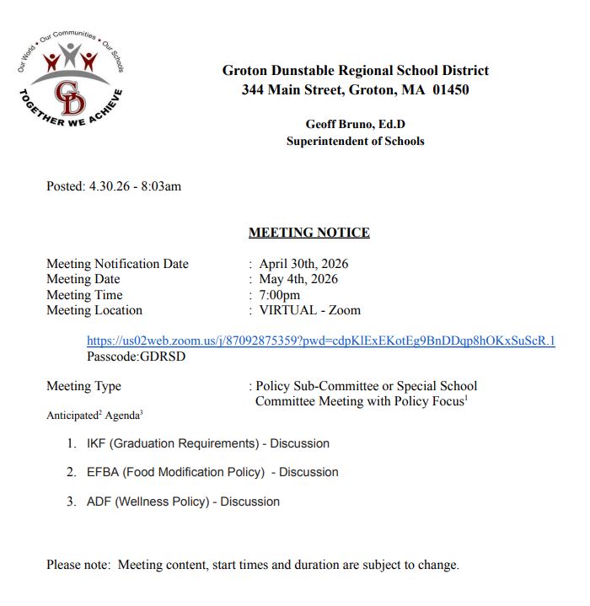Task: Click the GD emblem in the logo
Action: tap(69, 97)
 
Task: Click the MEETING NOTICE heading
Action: tap(308, 233)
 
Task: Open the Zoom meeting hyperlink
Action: tap(320, 341)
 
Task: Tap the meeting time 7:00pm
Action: tap(279, 295)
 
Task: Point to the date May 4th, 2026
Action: tap(298, 279)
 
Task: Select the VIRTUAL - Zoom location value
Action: tap(309, 310)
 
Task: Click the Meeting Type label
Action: tap(83, 386)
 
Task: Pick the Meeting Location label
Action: tap(94, 310)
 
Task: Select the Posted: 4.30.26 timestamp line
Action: tap(114, 186)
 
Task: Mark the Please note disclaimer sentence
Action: tap(253, 565)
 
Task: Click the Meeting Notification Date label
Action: tap(117, 264)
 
